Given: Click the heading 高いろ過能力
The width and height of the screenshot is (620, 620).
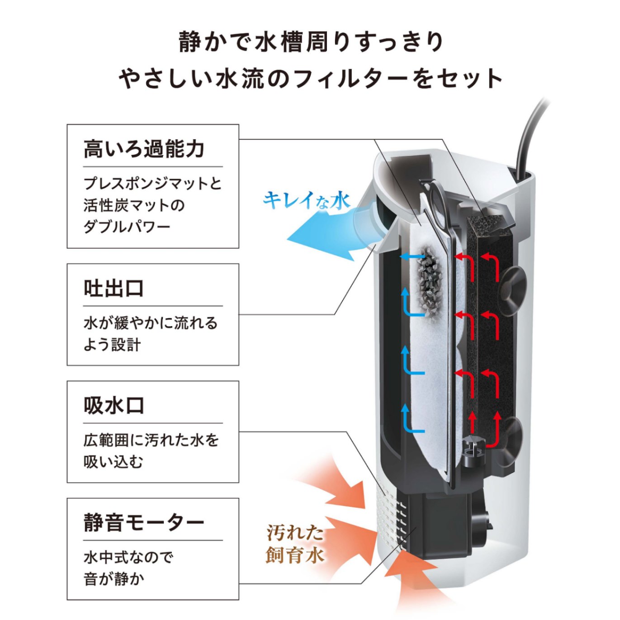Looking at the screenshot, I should (x=144, y=149).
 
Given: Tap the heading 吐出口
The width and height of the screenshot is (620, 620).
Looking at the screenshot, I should (x=114, y=289).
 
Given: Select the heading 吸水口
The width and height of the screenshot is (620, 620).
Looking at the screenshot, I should (x=114, y=405).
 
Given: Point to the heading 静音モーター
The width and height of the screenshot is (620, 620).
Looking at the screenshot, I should (x=144, y=523).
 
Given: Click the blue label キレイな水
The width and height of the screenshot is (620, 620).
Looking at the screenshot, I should (x=307, y=200).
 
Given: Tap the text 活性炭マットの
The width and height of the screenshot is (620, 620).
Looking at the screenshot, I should (x=134, y=205).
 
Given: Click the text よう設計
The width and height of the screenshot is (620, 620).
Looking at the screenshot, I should (x=112, y=345).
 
